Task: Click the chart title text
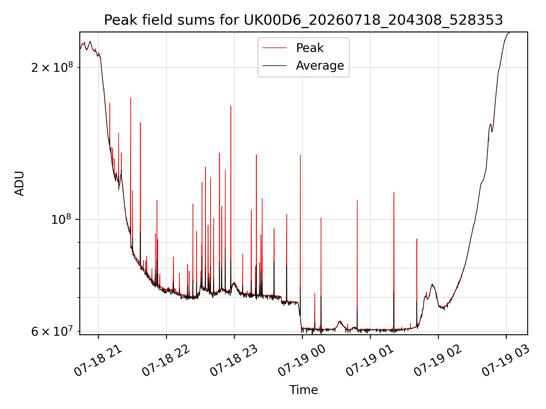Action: click(303, 20)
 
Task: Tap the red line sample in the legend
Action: click(274, 48)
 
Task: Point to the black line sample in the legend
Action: click(274, 66)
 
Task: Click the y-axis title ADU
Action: click(19, 183)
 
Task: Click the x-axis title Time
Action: click(303, 390)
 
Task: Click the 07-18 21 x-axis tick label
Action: click(98, 361)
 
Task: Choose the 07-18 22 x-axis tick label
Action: click(166, 361)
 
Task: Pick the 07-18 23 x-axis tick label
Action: click(234, 361)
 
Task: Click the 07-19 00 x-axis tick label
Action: click(302, 361)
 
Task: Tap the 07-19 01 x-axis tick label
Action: click(370, 361)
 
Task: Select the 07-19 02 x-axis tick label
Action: click(438, 361)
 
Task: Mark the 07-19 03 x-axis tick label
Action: click(506, 361)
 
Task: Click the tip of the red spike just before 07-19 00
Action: click(300, 155)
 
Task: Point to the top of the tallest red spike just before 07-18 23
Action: click(231, 106)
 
